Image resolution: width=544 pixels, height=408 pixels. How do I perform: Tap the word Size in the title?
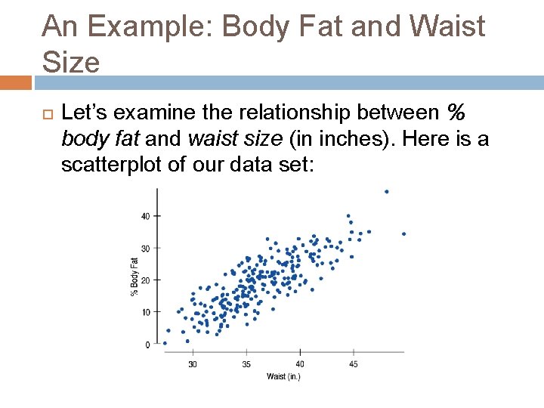click(x=71, y=62)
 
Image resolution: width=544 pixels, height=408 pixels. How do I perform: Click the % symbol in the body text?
click(x=456, y=113)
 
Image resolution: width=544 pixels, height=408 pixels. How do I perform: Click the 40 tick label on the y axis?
click(x=146, y=216)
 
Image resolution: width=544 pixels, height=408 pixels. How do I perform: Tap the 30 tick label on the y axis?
click(x=146, y=248)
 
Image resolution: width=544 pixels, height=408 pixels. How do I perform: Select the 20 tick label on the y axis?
click(x=146, y=280)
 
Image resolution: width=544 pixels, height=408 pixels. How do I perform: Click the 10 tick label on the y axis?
click(x=146, y=312)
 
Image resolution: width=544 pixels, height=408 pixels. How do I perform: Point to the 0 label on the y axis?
click(x=148, y=345)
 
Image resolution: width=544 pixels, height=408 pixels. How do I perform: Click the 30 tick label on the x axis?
click(x=193, y=364)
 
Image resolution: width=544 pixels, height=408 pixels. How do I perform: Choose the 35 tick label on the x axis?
click(x=246, y=364)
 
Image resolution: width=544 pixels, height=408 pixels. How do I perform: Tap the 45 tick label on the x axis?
click(x=354, y=364)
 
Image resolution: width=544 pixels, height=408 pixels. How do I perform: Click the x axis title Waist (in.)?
click(x=283, y=376)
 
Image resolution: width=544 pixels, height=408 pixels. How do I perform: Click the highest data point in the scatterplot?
click(x=387, y=192)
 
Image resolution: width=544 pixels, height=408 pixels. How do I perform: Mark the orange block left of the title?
click(x=16, y=82)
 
